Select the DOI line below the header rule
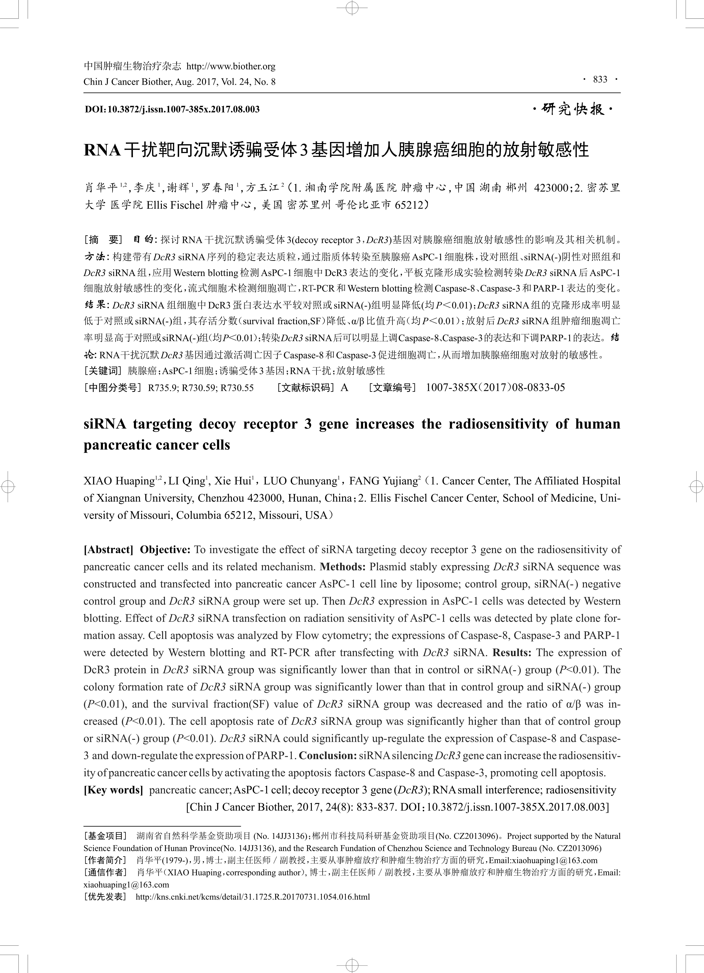(172, 109)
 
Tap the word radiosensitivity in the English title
(498, 424)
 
